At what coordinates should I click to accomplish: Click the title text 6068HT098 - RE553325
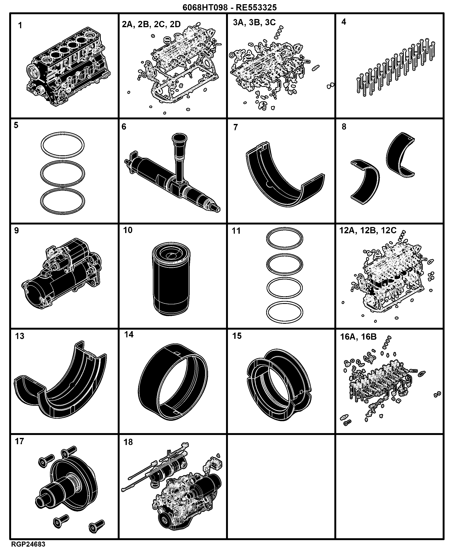coord(229,7)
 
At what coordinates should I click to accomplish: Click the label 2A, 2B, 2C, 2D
coord(151,24)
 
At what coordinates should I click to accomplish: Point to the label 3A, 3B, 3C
coord(254,22)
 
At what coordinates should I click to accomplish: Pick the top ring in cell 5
coord(63,145)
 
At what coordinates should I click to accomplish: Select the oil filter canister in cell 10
coord(171,279)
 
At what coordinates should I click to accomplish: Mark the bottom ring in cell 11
coord(285,312)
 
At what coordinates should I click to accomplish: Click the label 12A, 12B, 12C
coord(368,230)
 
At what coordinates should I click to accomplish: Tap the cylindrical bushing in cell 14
coord(173,382)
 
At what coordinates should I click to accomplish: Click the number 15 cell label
coord(237,336)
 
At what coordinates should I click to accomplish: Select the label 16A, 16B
coord(358,337)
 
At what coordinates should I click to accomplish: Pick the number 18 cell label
coord(128,442)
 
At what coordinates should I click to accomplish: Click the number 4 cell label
coord(344,22)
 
